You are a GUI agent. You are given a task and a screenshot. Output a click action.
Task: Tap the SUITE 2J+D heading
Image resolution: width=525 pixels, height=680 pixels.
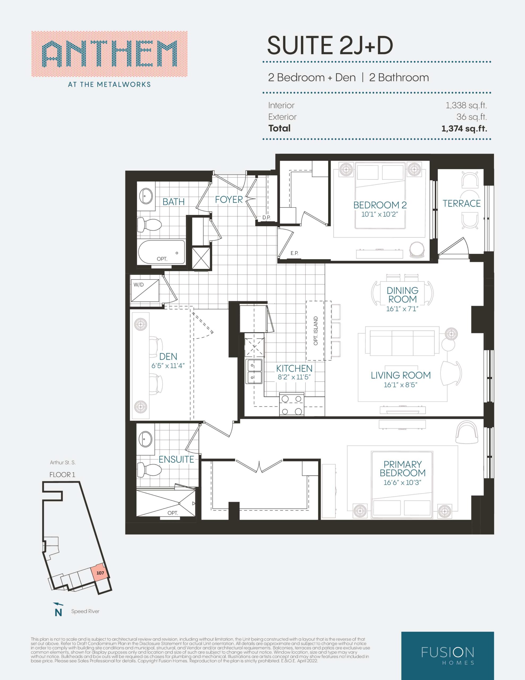point(330,45)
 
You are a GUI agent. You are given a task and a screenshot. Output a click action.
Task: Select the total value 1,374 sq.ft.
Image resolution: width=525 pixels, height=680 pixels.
point(464,128)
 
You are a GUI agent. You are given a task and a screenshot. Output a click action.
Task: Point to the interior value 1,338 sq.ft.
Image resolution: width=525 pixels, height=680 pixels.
point(466,105)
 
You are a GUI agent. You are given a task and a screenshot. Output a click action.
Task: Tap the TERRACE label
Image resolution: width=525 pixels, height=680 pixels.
point(462,204)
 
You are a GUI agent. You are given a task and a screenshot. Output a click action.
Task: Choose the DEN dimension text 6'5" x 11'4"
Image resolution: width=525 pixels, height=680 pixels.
point(168,365)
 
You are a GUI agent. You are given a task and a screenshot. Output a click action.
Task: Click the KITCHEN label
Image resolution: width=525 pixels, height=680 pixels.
point(294,368)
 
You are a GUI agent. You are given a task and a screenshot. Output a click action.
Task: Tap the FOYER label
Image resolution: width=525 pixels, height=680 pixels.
point(229,199)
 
